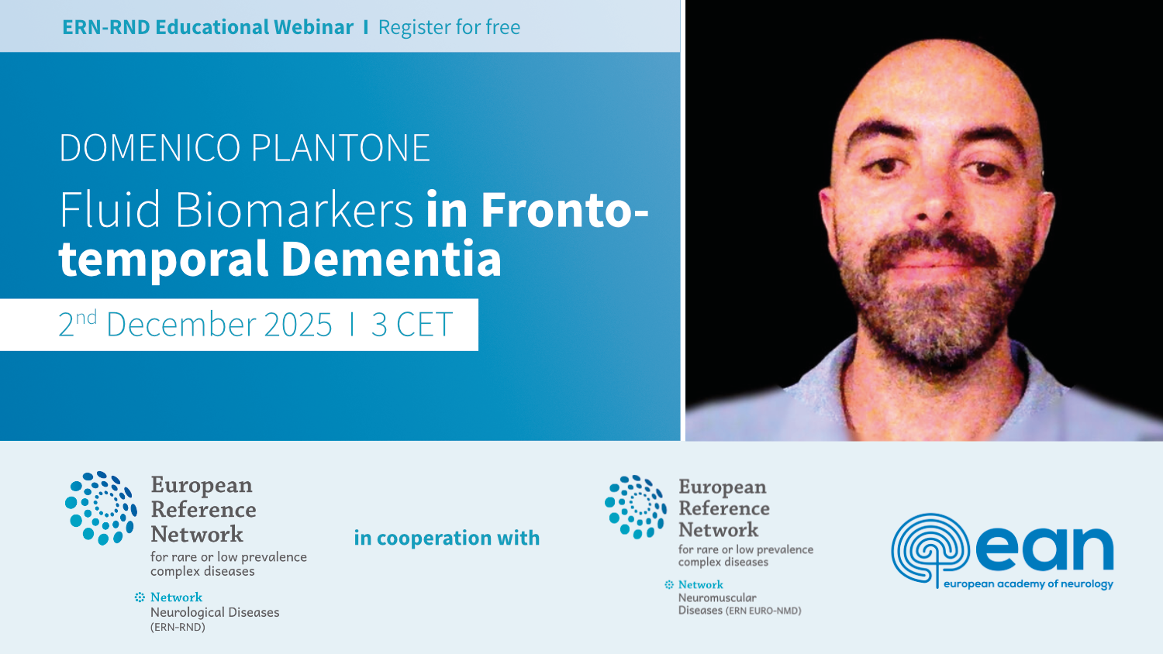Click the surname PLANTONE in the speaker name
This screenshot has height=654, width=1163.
coord(340,148)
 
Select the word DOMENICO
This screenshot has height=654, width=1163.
coord(150,148)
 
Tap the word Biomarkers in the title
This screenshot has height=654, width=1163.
coord(294,210)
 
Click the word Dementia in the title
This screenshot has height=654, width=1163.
coord(391,258)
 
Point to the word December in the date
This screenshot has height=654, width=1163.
coord(181,325)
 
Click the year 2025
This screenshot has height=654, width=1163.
coord(298,325)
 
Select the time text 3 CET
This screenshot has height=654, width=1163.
coord(412,325)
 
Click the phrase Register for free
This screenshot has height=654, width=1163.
coord(449,27)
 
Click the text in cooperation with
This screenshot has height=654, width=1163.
coord(447,538)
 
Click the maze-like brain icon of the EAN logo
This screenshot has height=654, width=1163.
coord(930,550)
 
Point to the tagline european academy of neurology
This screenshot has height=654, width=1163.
coord(1028,584)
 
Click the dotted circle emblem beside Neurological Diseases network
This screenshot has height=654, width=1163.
coord(102,508)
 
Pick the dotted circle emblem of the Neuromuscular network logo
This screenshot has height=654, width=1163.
coord(636,507)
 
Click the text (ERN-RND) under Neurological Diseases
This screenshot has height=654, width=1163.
coord(178,627)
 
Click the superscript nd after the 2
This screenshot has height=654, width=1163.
coord(86,317)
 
